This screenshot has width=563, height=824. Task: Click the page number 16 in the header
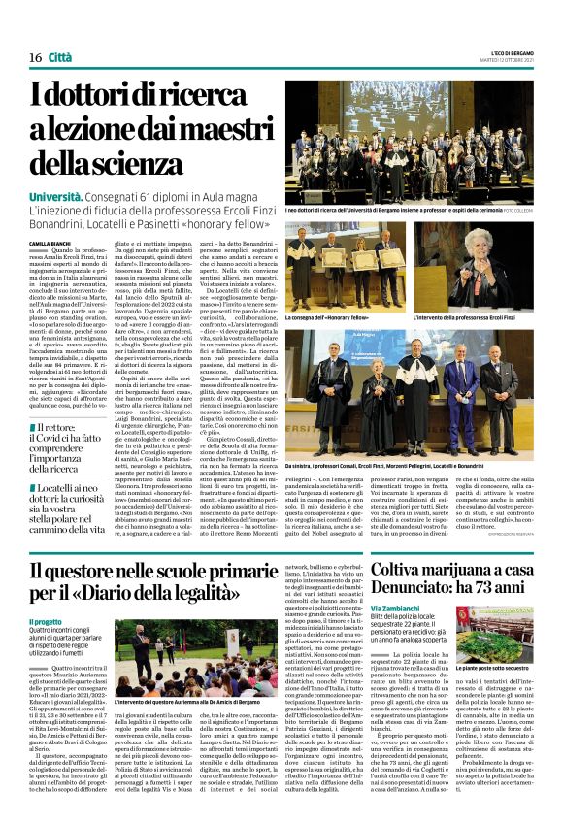tap(34, 58)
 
